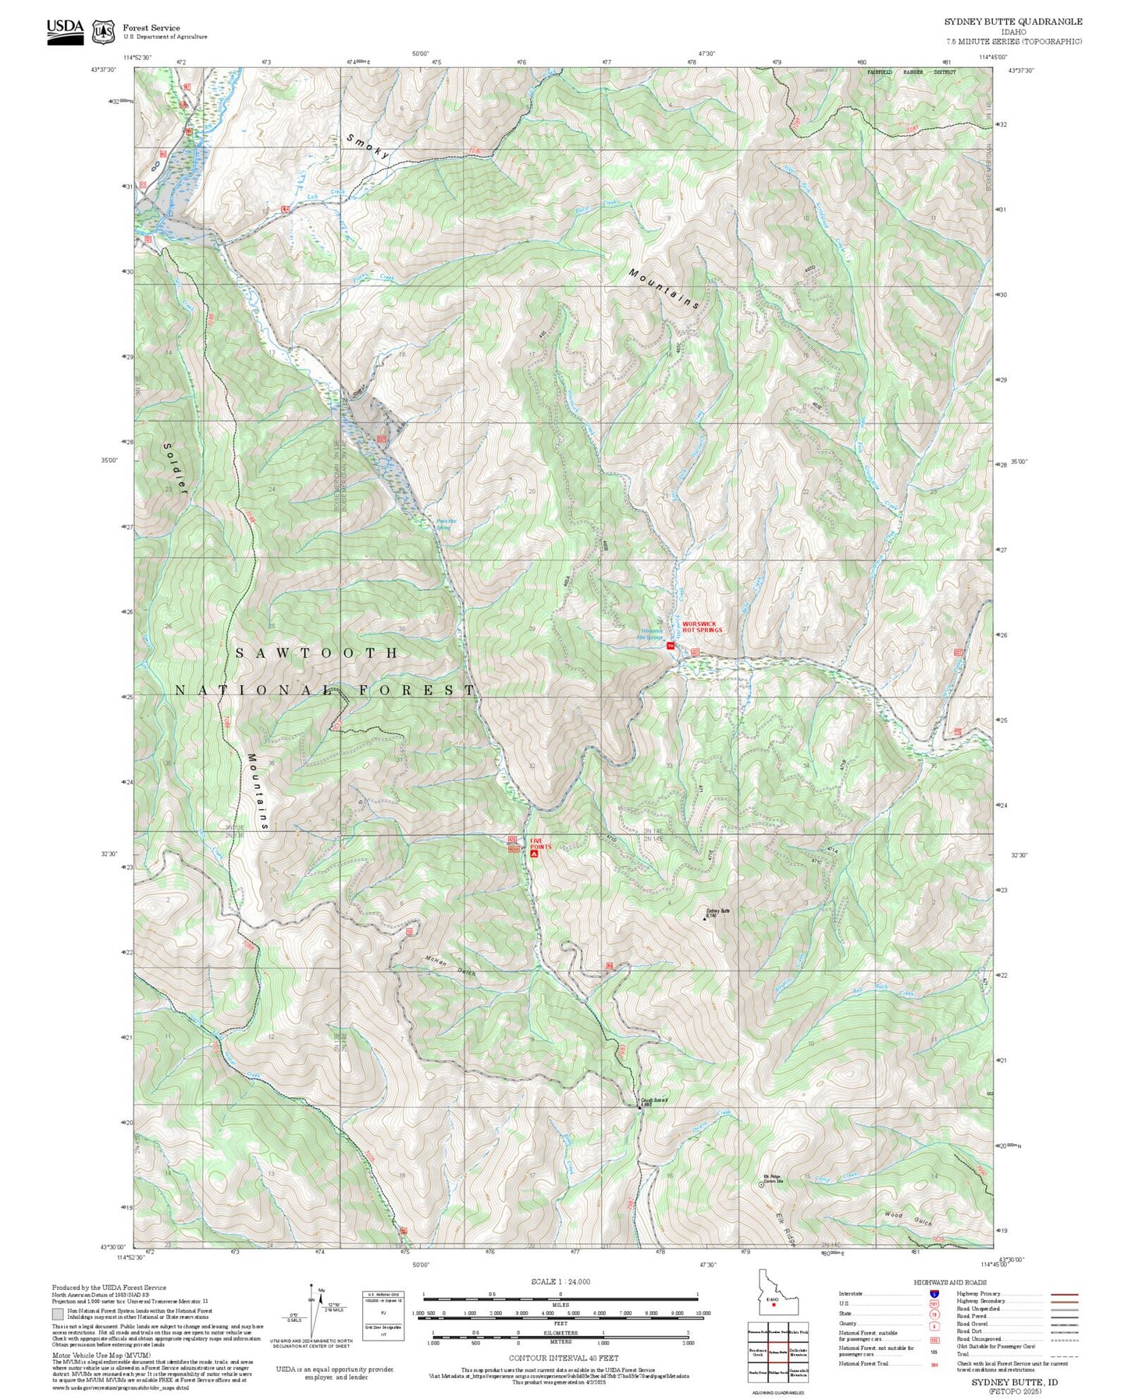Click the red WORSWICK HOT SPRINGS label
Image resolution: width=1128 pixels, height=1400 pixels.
[x=702, y=627]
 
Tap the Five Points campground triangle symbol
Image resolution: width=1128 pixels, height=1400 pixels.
[x=534, y=854]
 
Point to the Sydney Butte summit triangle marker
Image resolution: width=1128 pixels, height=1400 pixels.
[x=705, y=919]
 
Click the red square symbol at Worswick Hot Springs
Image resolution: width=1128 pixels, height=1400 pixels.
[x=670, y=645]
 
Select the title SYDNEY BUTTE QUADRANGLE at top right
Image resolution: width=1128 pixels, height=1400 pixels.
[x=1013, y=21]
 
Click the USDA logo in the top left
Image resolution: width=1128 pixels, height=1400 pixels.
[x=65, y=31]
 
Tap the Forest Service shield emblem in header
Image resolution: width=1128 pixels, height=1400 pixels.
[x=103, y=32]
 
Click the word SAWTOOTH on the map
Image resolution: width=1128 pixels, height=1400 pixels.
[x=317, y=652]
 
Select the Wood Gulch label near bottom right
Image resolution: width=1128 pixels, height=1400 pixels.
[x=908, y=1218]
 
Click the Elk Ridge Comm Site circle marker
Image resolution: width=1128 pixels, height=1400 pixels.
[x=762, y=1185]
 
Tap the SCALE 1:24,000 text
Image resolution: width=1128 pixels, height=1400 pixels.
[x=560, y=1281]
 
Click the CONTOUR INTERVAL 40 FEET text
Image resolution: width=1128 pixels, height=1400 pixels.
[x=563, y=1358]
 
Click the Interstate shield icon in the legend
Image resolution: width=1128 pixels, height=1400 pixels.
[x=934, y=1294]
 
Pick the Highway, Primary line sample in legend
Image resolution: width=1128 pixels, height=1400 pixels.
[x=1065, y=1294]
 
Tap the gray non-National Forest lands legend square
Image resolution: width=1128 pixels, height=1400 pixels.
[x=57, y=1314]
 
